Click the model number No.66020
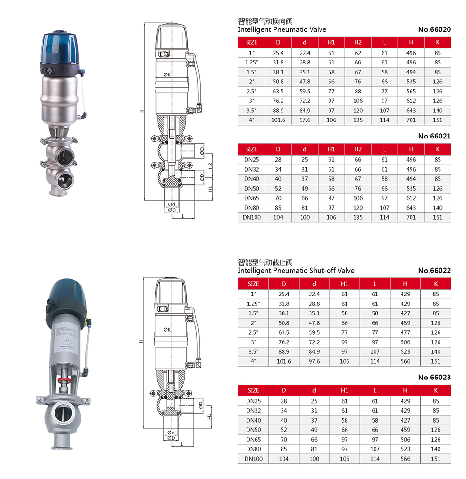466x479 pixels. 434,29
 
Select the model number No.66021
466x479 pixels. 434,136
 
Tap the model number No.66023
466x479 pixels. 434,378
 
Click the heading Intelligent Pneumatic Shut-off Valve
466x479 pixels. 296,270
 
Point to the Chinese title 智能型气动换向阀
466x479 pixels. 265,21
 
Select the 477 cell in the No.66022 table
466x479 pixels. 405,332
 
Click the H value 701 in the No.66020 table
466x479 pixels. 411,120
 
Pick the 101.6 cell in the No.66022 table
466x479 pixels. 284,361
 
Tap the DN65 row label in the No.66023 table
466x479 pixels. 253,440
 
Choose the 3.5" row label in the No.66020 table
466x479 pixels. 251,111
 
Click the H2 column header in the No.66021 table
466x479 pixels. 358,149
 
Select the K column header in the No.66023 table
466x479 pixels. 436,390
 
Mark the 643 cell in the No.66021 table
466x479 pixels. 411,208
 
